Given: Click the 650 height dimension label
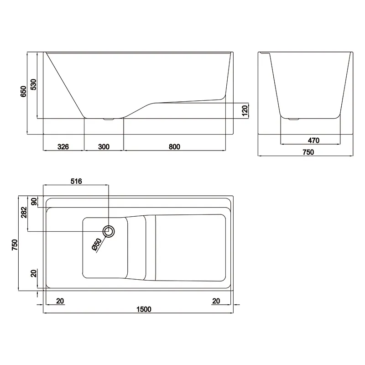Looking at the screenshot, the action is click(24, 92).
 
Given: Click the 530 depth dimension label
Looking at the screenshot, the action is click(33, 84).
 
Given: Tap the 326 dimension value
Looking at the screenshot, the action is click(63, 146).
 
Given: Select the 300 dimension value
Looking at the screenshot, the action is click(104, 146).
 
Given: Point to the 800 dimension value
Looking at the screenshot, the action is click(174, 146).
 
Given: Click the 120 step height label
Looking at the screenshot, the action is click(245, 110).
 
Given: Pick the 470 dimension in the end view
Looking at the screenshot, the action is click(313, 141).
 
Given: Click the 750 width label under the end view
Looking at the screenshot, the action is click(308, 152).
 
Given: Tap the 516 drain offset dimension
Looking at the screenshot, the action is click(76, 181).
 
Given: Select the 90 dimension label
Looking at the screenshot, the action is click(34, 201).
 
